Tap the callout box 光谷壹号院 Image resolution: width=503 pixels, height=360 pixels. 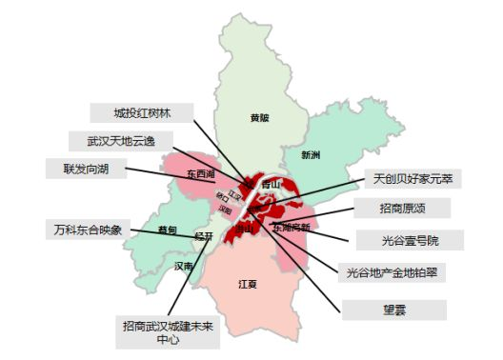(409, 239)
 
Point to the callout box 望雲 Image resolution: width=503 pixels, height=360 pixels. (393, 310)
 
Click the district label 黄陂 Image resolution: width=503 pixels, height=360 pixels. (259, 119)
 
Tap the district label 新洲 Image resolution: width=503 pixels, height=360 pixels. (311, 154)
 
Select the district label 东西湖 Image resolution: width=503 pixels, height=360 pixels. (202, 174)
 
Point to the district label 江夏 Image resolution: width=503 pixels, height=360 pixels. (247, 284)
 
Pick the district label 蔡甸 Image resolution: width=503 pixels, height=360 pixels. (168, 230)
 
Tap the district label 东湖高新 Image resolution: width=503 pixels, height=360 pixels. (291, 228)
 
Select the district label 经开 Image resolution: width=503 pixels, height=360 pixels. (203, 235)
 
